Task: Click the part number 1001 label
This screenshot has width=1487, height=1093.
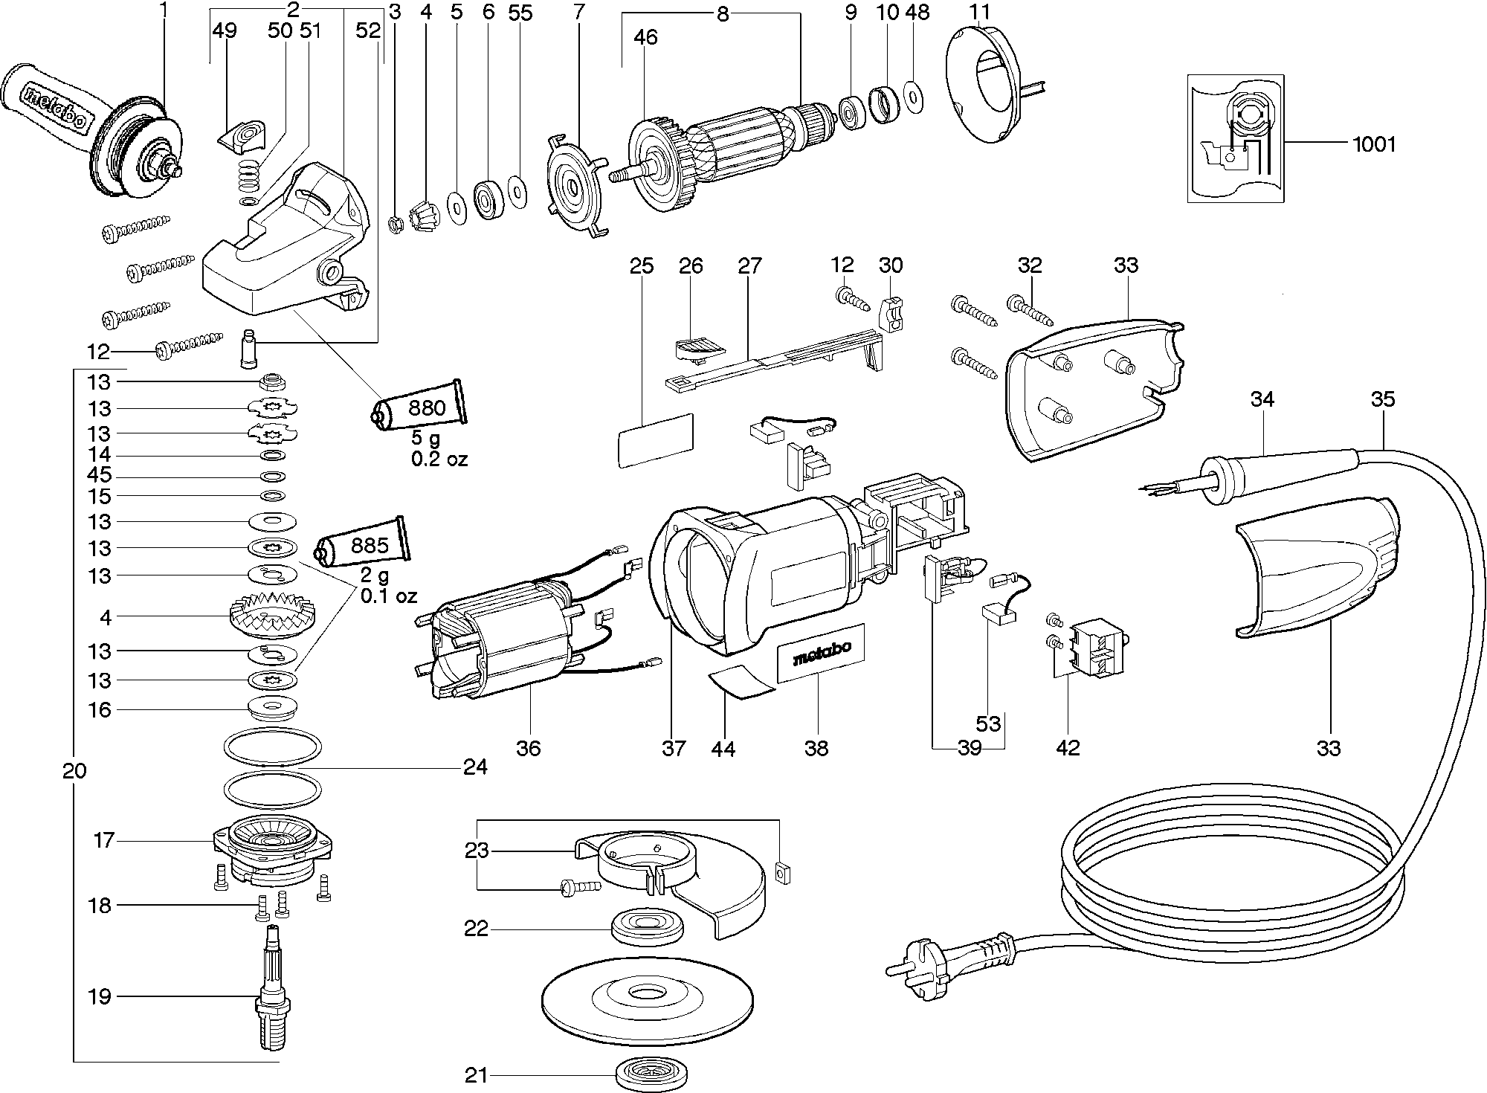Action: tap(1373, 144)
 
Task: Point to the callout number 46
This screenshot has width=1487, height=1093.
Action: tap(645, 36)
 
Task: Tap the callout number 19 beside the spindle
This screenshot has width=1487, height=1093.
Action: tap(99, 996)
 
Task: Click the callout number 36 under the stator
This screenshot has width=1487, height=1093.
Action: tap(529, 747)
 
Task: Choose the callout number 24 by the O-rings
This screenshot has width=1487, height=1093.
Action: tap(475, 767)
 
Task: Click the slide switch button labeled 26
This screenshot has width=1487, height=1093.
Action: tap(698, 346)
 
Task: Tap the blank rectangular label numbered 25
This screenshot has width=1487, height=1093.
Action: tap(655, 440)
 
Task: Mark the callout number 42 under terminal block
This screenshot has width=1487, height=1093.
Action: tap(1068, 747)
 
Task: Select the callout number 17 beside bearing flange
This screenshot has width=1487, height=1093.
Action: tap(103, 840)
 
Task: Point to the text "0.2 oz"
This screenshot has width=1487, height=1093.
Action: tap(439, 459)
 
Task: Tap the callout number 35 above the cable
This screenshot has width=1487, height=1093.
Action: tap(1383, 399)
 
